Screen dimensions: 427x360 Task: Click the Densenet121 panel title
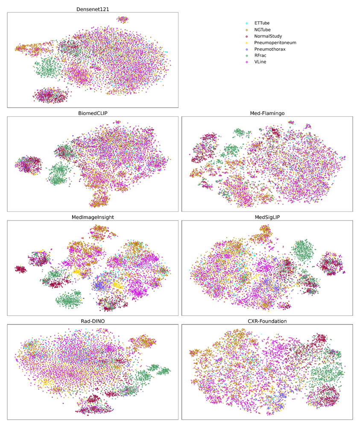[92, 8]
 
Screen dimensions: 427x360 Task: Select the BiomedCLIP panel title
[92, 113]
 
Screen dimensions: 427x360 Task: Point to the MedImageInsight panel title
[92, 217]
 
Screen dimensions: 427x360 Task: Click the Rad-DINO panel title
[92, 321]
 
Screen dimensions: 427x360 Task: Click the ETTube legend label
[262, 23]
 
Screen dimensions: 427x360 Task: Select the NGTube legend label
[262, 30]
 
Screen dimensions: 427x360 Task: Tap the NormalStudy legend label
[268, 36]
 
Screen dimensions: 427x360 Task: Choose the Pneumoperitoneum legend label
[275, 43]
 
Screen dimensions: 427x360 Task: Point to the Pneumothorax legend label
[270, 49]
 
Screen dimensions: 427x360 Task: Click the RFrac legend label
[260, 56]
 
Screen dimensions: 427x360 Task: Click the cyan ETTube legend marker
[246, 23]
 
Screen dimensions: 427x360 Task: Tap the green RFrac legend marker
[246, 56]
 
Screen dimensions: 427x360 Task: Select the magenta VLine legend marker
[246, 62]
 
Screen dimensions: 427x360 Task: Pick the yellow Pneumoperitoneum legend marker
[246, 43]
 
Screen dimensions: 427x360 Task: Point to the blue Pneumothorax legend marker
[246, 49]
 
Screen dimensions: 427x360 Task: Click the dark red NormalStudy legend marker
[246, 36]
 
